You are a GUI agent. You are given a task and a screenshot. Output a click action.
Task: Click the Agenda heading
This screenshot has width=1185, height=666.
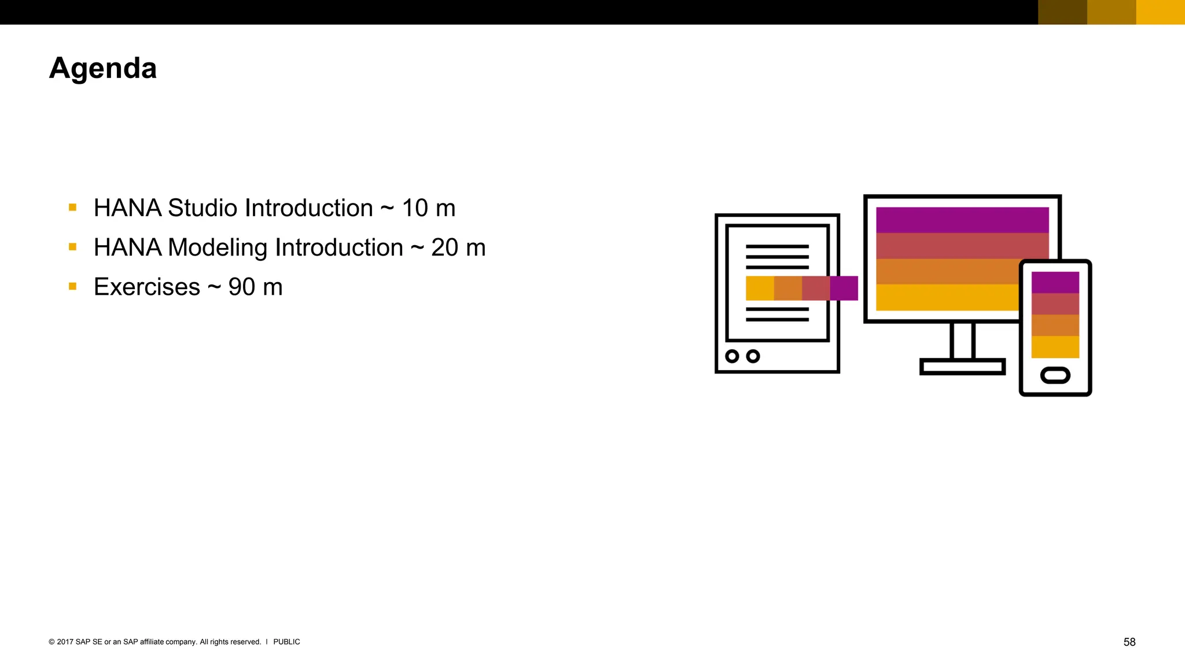[x=103, y=68]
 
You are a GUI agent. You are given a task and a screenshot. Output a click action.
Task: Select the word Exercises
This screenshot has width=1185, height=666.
[x=147, y=287]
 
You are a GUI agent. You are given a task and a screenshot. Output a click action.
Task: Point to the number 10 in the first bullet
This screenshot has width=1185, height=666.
[x=415, y=208]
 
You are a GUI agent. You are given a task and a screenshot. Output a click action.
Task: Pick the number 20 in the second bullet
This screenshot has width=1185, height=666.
[x=444, y=247]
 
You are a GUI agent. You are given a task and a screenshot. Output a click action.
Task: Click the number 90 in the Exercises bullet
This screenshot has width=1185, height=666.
[x=241, y=287]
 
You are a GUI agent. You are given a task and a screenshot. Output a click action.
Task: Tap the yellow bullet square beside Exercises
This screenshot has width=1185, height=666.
[x=72, y=286]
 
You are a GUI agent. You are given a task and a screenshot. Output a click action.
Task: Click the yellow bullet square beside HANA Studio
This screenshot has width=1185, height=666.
[x=72, y=207]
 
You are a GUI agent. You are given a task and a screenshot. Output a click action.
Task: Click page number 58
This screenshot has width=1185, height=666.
[x=1129, y=642]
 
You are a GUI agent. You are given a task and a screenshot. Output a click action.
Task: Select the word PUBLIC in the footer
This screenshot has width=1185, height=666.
[x=286, y=642]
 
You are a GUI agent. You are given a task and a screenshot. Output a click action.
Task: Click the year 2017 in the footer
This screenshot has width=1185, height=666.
[x=65, y=642]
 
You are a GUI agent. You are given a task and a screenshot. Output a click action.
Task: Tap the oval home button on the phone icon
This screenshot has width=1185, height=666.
[x=1055, y=375]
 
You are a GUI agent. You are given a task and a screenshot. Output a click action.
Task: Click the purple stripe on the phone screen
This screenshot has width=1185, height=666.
[x=1055, y=282]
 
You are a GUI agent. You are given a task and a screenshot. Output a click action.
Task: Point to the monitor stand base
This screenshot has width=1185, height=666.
[x=962, y=367]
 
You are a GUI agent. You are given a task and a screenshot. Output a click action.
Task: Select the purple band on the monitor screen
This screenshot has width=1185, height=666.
[x=962, y=220]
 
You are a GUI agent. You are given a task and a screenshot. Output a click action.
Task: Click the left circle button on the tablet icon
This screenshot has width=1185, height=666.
[x=732, y=356]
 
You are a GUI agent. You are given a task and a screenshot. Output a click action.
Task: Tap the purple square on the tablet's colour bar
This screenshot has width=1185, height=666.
[x=844, y=288]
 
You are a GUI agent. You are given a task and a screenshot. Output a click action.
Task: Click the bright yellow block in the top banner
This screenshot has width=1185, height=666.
[x=1160, y=12]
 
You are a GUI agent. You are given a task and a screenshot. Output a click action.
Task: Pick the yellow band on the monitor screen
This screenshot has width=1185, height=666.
[x=947, y=297]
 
